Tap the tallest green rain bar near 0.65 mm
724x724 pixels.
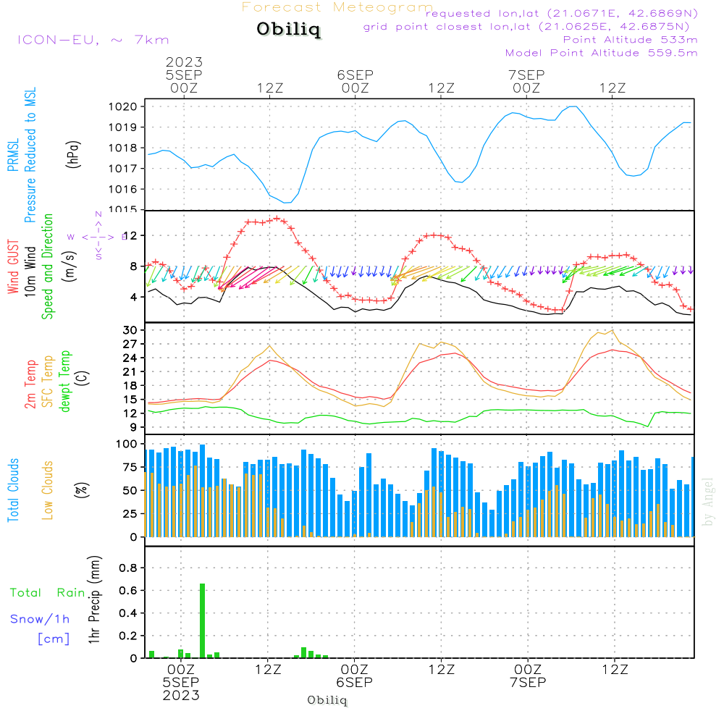[202, 620]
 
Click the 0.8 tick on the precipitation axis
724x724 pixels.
[128, 568]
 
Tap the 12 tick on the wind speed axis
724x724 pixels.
[131, 236]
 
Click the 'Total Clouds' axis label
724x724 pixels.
[13, 490]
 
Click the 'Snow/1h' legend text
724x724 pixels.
[41, 619]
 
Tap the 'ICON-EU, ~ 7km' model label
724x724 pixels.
[93, 40]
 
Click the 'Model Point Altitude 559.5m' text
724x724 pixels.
[601, 53]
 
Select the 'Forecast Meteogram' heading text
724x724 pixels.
[337, 7]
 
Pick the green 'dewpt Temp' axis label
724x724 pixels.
[65, 382]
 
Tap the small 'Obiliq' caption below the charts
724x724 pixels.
[327, 700]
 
